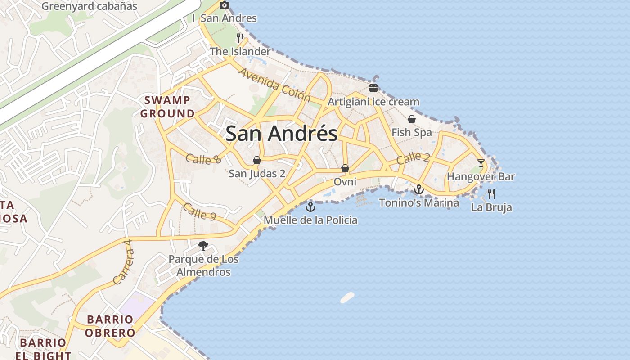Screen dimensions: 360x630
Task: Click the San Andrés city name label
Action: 281,134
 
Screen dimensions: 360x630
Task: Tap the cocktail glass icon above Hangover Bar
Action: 481,163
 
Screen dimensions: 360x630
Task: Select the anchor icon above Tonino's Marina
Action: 419,189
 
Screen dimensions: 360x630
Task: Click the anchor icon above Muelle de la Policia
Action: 310,207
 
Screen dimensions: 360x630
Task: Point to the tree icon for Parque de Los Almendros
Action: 203,246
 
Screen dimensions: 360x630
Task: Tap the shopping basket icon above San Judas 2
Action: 256,160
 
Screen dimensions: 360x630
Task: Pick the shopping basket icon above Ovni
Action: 345,168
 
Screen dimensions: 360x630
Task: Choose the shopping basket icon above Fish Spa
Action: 411,119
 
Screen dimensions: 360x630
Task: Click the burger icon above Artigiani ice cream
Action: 373,88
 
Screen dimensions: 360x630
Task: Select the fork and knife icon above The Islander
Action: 240,38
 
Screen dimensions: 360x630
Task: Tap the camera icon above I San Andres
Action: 225,5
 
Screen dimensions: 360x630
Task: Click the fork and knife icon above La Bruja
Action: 491,194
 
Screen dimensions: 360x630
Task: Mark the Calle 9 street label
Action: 199,212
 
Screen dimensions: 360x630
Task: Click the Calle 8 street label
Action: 203,158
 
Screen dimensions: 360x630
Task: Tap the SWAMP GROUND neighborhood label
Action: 167,107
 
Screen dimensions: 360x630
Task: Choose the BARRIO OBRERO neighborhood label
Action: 110,326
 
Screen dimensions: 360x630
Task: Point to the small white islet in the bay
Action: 347,297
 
